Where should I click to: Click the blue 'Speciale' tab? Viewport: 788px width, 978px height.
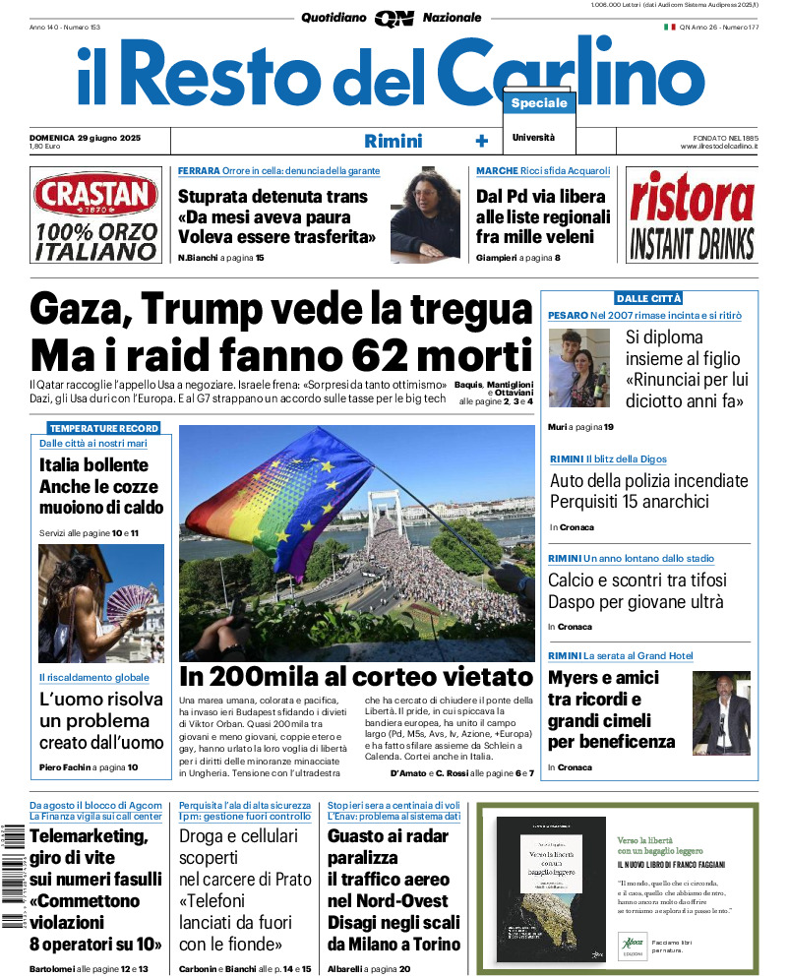click(x=539, y=103)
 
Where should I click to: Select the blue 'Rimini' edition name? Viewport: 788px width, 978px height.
click(x=393, y=141)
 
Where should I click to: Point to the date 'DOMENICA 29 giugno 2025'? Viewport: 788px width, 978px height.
click(x=86, y=137)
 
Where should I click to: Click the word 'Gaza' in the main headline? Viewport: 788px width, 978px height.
click(x=79, y=310)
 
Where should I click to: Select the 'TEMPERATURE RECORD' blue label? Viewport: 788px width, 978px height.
click(x=103, y=429)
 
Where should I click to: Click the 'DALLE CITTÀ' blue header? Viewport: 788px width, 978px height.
click(x=648, y=298)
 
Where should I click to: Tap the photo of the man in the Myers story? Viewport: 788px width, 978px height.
click(x=720, y=712)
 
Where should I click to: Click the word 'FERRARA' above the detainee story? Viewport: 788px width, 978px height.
click(x=199, y=171)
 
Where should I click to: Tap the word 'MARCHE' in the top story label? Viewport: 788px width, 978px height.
click(x=498, y=171)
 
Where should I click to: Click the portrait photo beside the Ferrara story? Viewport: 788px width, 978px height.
click(x=425, y=214)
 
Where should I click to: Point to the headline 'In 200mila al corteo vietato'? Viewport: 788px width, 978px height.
click(x=355, y=677)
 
